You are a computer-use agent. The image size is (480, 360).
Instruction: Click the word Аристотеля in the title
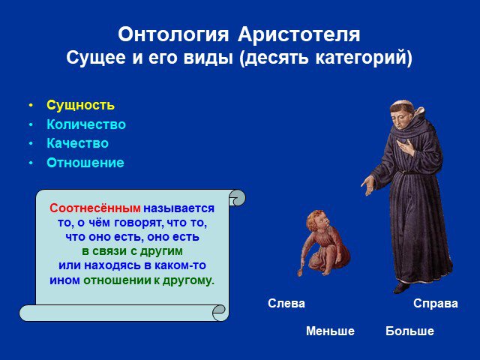pyautogui.click(x=298, y=34)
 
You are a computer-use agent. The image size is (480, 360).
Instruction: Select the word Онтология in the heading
pyautogui.click(x=173, y=35)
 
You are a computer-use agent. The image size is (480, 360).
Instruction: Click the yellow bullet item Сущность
pyautogui.click(x=80, y=105)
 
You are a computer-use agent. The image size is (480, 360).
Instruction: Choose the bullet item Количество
pyautogui.click(x=86, y=124)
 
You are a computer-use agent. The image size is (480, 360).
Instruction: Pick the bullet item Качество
pyautogui.click(x=77, y=143)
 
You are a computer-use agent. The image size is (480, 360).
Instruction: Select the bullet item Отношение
pyautogui.click(x=85, y=163)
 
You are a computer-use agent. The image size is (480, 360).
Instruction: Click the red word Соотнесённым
pyautogui.click(x=95, y=208)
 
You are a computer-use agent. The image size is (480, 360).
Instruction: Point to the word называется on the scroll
pyautogui.click(x=178, y=208)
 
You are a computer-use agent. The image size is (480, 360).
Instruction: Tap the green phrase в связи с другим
pyautogui.click(x=132, y=251)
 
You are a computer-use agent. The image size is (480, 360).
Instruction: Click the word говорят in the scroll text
pyautogui.click(x=136, y=223)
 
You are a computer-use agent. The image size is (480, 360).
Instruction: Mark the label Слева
pyautogui.click(x=286, y=303)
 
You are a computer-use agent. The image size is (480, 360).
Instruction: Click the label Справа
pyautogui.click(x=435, y=303)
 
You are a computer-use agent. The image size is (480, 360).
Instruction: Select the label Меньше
pyautogui.click(x=330, y=331)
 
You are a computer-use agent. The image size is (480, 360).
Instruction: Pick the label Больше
pyautogui.click(x=409, y=331)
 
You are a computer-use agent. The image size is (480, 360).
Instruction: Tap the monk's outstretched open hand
pyautogui.click(x=368, y=185)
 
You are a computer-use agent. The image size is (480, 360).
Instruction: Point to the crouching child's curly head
pyautogui.click(x=317, y=220)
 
